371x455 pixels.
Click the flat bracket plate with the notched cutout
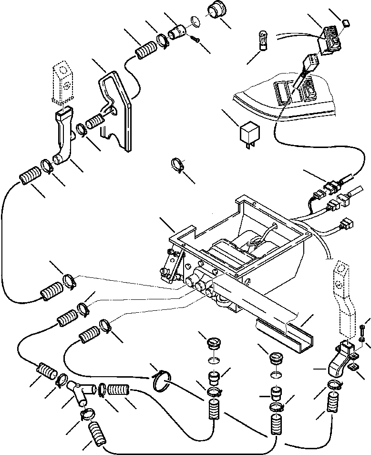click(117, 110)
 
